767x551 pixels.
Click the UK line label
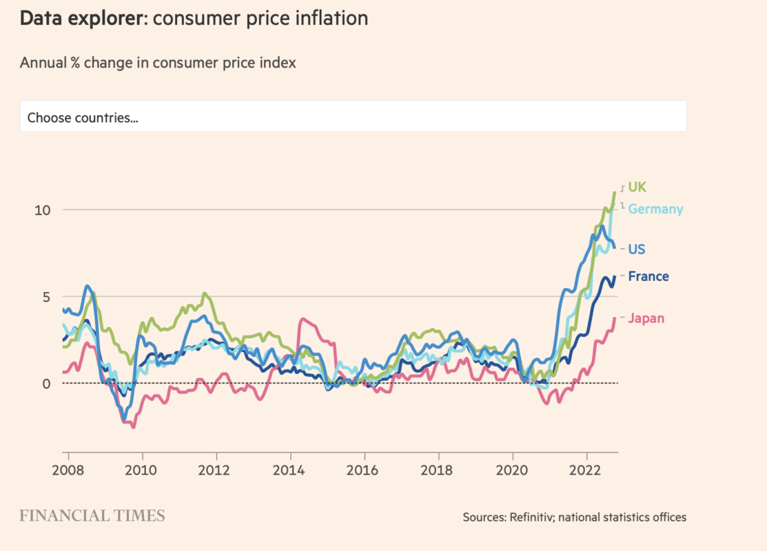pos(637,187)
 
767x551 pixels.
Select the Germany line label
pos(655,209)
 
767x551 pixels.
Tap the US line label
pos(637,249)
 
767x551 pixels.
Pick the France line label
pos(648,276)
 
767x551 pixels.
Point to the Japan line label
pos(646,318)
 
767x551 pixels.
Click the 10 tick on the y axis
pos(43,210)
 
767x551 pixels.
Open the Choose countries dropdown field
pos(353,117)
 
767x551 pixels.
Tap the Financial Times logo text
pos(92,516)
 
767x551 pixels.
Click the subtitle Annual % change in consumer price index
pos(158,63)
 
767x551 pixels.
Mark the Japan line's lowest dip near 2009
pos(133,427)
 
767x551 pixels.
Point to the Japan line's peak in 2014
pos(301,319)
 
